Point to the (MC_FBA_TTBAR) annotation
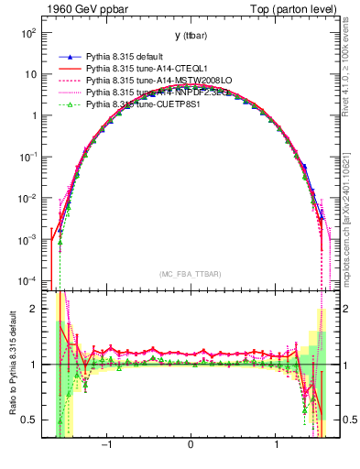tap(190, 275)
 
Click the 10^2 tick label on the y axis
tap(27, 33)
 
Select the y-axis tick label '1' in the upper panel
tap(34, 115)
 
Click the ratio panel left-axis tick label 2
tap(34, 309)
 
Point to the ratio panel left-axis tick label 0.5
tap(29, 420)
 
